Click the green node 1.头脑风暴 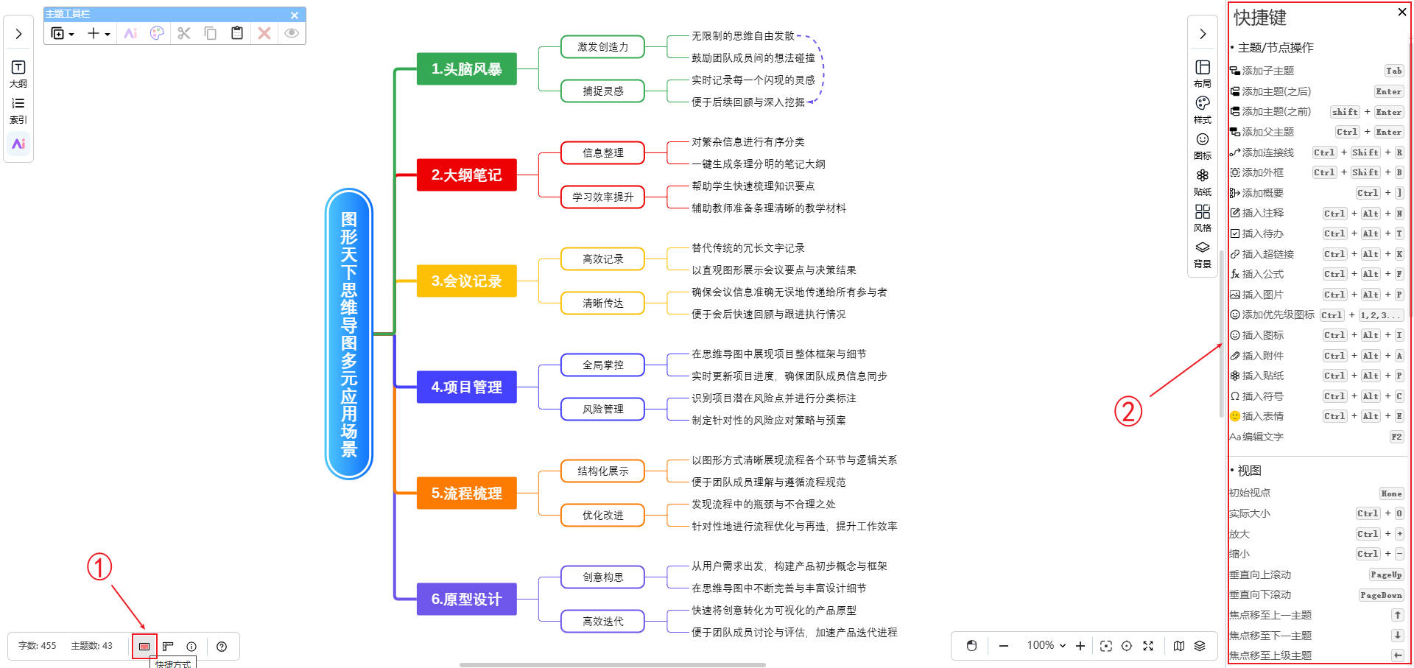click(466, 69)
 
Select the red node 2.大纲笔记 click(466, 175)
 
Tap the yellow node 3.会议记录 click(466, 281)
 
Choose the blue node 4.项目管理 click(466, 387)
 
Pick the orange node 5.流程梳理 click(466, 493)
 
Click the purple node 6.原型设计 click(466, 600)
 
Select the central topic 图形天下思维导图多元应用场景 click(349, 334)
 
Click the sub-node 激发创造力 click(602, 47)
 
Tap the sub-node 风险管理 click(602, 409)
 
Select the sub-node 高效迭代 click(602, 622)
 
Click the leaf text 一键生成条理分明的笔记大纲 click(758, 164)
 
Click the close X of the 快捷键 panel click(1401, 12)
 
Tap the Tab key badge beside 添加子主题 click(1393, 71)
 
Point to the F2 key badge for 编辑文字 click(1396, 437)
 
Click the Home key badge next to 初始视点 click(1391, 493)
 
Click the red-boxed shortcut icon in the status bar click(144, 646)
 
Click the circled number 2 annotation click(1128, 411)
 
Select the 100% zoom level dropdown click(1047, 645)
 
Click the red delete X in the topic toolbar click(264, 33)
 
